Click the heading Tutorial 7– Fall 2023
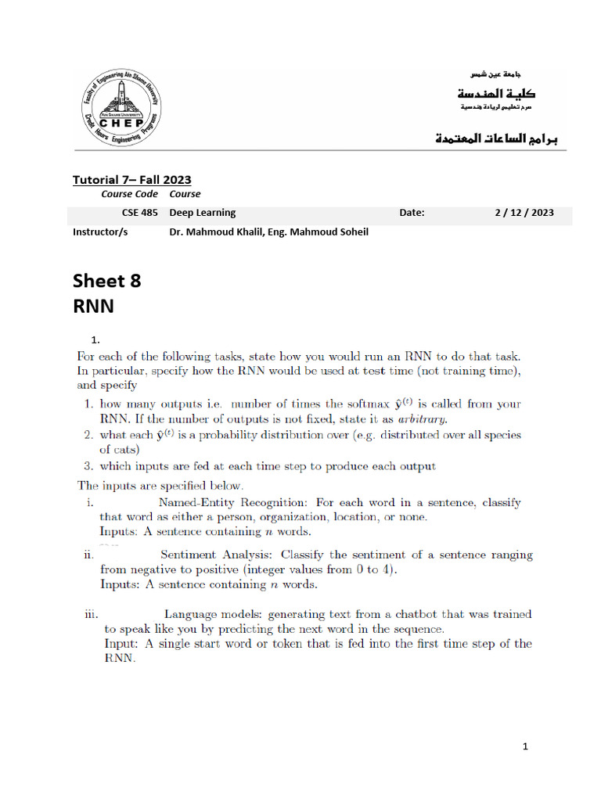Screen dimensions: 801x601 [131, 180]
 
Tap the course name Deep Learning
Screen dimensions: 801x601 [203, 212]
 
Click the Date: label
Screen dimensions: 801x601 [412, 212]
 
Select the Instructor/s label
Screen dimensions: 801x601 [100, 232]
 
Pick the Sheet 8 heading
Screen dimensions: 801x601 [107, 280]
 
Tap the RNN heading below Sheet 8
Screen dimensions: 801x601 [93, 305]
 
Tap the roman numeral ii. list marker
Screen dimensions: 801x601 [88, 555]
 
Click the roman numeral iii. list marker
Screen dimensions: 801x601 [91, 615]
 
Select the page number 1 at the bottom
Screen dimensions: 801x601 [526, 746]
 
